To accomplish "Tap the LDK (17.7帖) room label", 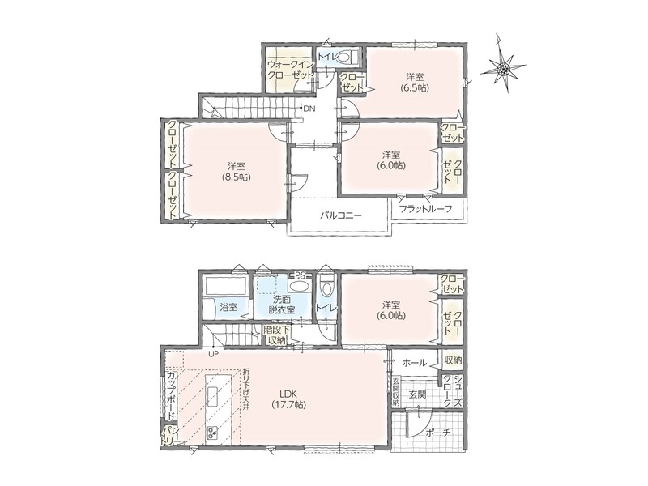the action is [x=288, y=399].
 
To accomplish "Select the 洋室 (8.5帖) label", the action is [x=237, y=172].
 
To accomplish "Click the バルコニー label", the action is [x=341, y=215].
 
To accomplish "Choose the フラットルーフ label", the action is [x=426, y=209].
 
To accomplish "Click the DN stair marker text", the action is [x=309, y=109].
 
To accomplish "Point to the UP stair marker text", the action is [x=213, y=354].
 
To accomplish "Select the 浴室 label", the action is [x=228, y=308].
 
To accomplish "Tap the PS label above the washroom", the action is [x=299, y=275].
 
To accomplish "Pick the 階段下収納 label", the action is [x=276, y=335].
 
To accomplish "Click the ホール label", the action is [x=414, y=363].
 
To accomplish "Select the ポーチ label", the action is [x=437, y=433].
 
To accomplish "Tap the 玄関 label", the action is [x=417, y=394].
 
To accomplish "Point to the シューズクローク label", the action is [x=453, y=391].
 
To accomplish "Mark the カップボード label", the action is [x=171, y=395].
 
